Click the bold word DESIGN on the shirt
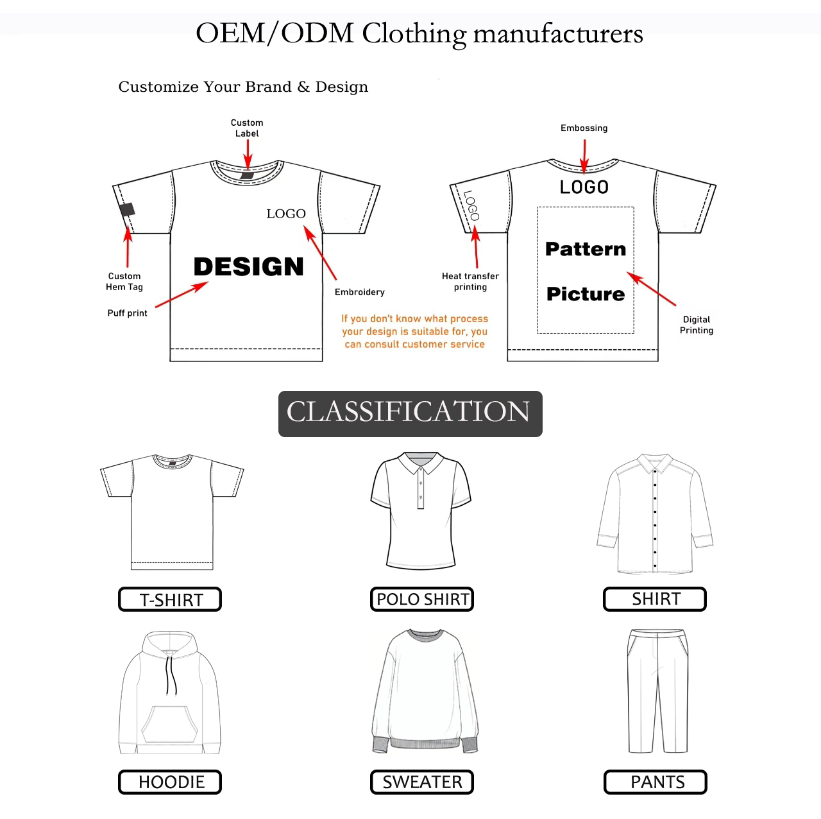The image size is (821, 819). click(x=248, y=266)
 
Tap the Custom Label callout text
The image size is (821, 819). click(x=247, y=128)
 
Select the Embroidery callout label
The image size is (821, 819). click(x=360, y=292)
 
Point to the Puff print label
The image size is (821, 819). click(x=127, y=313)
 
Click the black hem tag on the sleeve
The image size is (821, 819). click(x=127, y=209)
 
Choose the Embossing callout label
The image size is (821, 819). click(x=584, y=128)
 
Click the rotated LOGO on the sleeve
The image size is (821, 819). click(x=471, y=205)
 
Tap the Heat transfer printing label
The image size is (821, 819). click(x=470, y=281)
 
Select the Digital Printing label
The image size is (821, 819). click(x=697, y=325)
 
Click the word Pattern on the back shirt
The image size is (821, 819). click(x=586, y=249)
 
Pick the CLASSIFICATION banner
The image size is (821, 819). click(x=410, y=413)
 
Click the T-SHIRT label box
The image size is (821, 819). click(x=170, y=599)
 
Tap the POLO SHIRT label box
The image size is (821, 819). click(x=422, y=599)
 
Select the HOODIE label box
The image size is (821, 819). click(x=170, y=782)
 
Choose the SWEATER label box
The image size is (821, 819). click(x=422, y=782)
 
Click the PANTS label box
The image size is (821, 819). click(x=656, y=782)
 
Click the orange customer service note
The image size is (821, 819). click(x=414, y=331)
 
